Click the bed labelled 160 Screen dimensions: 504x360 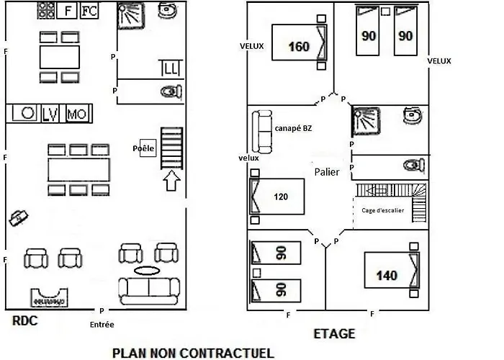click(x=300, y=42)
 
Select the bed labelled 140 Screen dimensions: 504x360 click(x=392, y=270)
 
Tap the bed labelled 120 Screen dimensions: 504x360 click(x=277, y=197)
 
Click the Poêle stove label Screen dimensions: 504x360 click(x=143, y=148)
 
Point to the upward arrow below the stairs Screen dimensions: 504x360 click(x=171, y=180)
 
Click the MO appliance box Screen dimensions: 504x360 click(x=77, y=114)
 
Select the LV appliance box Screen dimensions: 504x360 click(x=50, y=114)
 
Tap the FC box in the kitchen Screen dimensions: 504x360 click(x=89, y=11)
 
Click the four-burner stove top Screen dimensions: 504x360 click(x=46, y=10)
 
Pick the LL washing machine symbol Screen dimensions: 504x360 click(x=171, y=68)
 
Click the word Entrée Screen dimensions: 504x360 click(x=102, y=325)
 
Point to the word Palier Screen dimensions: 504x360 click(x=327, y=172)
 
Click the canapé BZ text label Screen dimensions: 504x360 click(x=293, y=128)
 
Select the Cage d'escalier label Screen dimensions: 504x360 click(x=383, y=210)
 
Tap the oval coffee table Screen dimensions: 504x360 click(x=147, y=271)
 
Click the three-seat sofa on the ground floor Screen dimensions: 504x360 click(x=149, y=291)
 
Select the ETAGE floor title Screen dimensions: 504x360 click(x=334, y=334)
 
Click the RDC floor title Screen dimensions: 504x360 click(x=24, y=321)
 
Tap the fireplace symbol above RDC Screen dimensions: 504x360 click(x=49, y=298)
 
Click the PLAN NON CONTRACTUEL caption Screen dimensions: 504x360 click(x=193, y=353)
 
